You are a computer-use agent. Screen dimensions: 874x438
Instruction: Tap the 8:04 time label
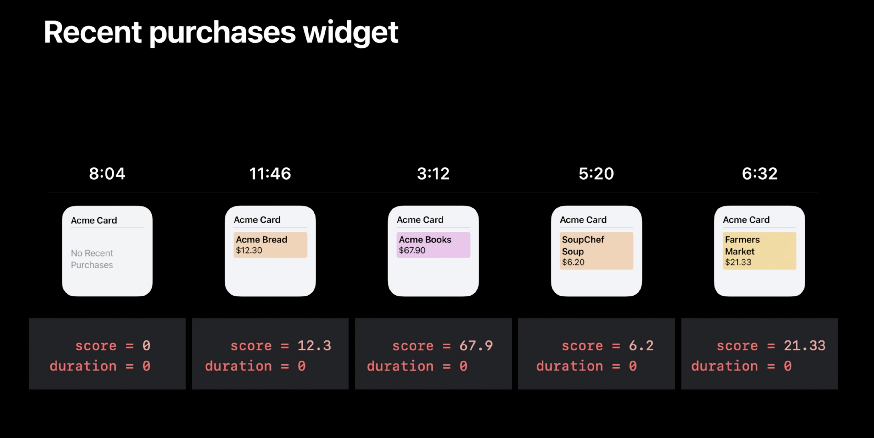pos(107,174)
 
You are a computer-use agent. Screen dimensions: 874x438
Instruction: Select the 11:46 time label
pos(270,174)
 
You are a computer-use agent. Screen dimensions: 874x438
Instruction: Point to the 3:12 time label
pos(433,174)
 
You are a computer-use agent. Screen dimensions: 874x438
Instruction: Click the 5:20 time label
pos(596,174)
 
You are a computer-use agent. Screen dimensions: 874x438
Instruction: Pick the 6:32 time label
pos(759,174)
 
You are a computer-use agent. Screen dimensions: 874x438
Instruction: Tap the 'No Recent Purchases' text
pos(92,259)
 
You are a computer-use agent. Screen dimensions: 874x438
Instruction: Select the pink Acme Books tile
pos(433,245)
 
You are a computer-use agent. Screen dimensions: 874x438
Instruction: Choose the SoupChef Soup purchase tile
pos(596,251)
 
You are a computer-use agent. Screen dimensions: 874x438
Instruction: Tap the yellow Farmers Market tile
pos(759,251)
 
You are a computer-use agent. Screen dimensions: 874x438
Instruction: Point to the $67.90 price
pos(412,251)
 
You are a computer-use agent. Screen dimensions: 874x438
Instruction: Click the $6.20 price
pos(573,262)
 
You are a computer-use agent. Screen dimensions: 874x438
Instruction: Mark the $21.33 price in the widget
pos(738,262)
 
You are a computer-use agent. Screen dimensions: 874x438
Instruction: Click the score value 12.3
pos(314,346)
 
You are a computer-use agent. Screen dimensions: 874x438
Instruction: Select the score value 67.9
pos(476,346)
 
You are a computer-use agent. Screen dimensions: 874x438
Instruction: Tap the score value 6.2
pos(641,346)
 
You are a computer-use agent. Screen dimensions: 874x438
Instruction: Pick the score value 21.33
pos(804,346)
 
